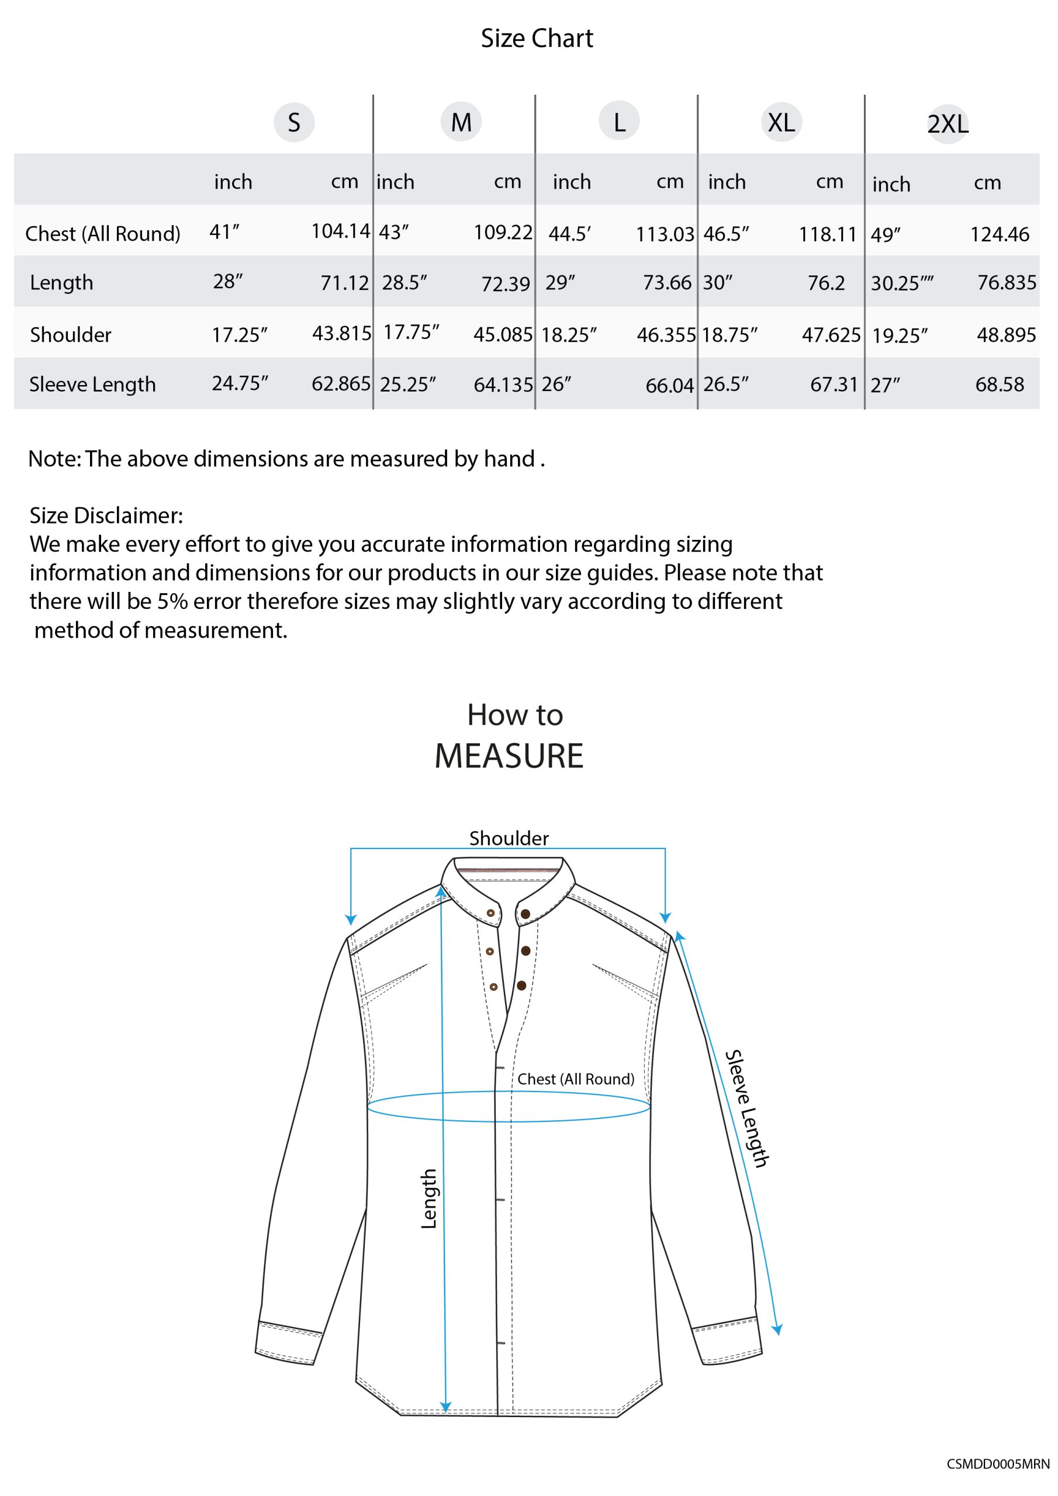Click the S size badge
coord(294,123)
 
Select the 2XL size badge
coord(948,124)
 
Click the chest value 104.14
coord(340,231)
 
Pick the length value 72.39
coord(505,283)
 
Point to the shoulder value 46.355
coord(666,335)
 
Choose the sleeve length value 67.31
coord(834,385)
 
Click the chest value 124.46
coord(1000,234)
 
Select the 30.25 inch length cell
coord(901,283)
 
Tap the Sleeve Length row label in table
coord(92,385)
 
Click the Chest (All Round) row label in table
coord(102,233)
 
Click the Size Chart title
coord(537,39)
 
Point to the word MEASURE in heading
coord(509,756)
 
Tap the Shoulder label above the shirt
coord(509,838)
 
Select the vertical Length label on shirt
coord(428,1199)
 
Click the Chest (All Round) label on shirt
coord(576,1079)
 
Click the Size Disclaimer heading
coord(106,515)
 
